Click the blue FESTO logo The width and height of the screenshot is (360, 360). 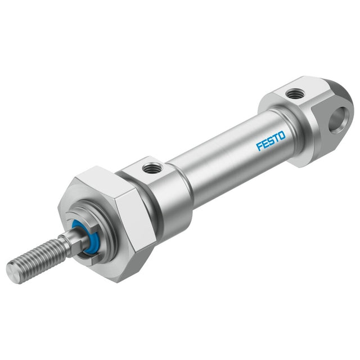[x=271, y=141]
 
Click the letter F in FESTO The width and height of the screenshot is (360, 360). [x=259, y=147]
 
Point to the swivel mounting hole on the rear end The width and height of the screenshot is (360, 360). [x=338, y=120]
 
